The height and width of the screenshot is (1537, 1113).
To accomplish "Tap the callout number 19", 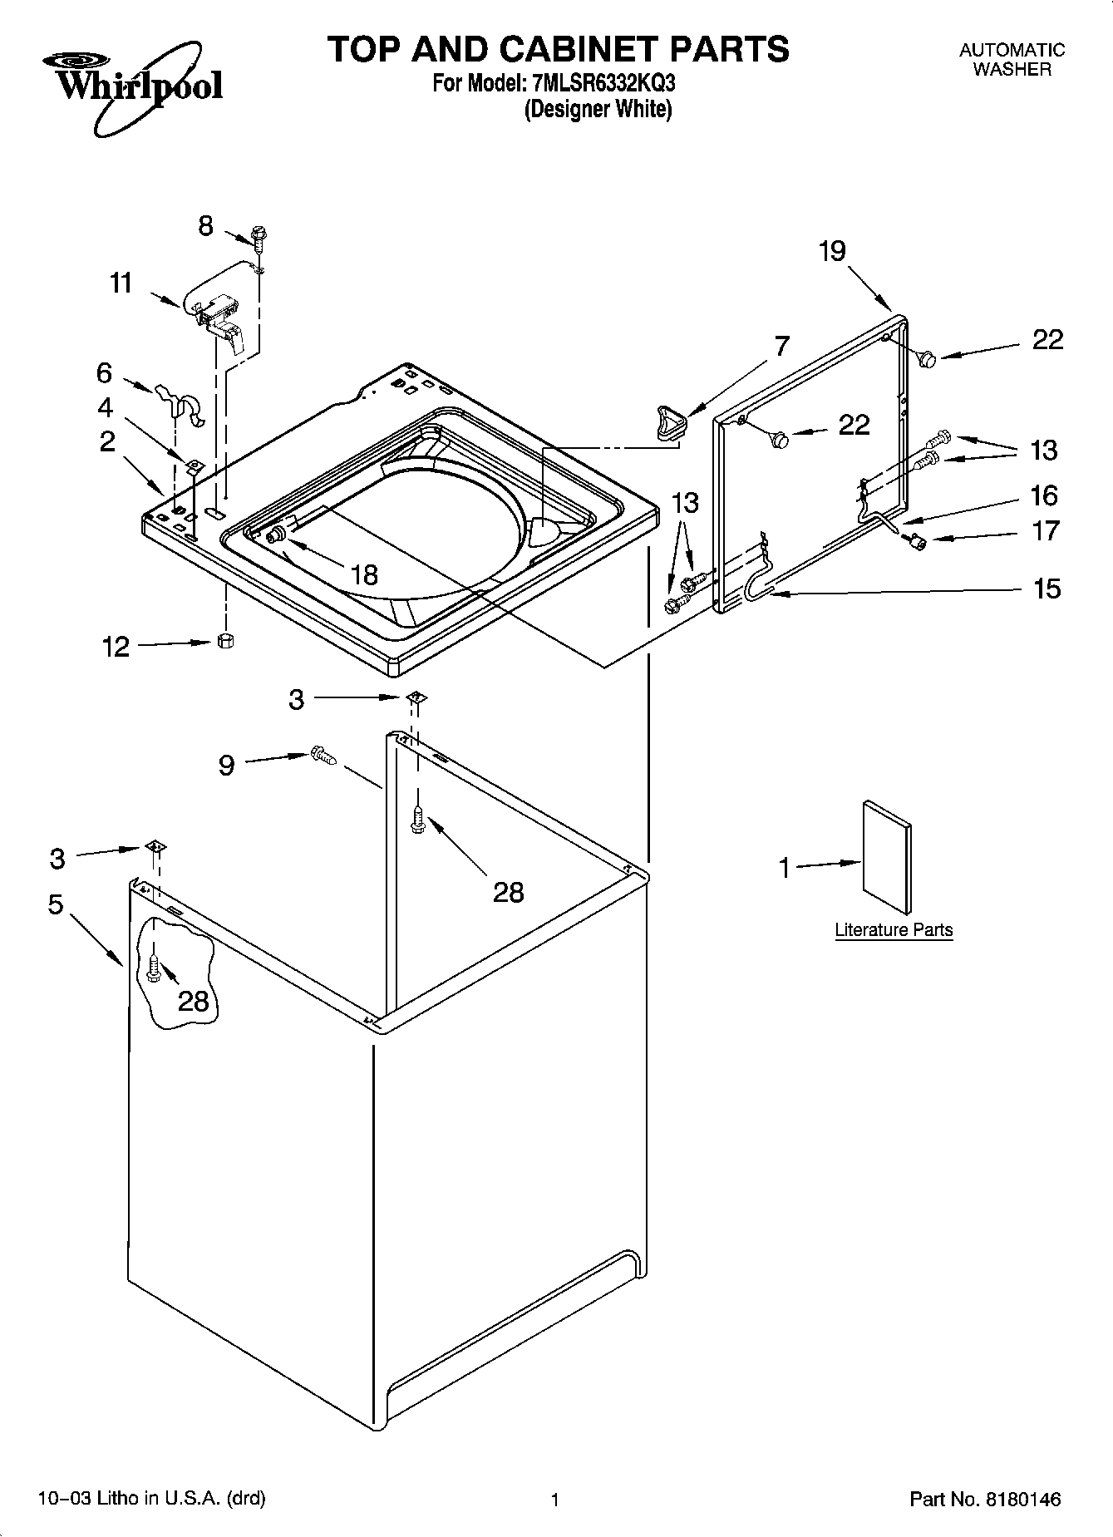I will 831,250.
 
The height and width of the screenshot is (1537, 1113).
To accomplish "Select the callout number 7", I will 781,346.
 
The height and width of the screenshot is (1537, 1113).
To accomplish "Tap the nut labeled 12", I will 224,641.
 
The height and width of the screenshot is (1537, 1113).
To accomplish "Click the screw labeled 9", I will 323,756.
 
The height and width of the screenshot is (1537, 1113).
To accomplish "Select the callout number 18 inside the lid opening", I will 364,574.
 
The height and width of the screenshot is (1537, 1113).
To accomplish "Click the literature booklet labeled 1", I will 886,859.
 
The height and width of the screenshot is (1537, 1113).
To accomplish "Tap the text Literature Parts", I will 894,930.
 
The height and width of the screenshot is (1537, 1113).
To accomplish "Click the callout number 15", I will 1047,589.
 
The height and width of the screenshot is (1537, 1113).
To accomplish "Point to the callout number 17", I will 1046,530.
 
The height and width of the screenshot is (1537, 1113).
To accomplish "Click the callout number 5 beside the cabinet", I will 56,904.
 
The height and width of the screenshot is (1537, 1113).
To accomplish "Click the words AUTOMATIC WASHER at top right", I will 1012,60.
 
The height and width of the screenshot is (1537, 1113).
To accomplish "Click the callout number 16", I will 1044,495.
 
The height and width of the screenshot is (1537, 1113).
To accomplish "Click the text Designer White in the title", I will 598,109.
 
